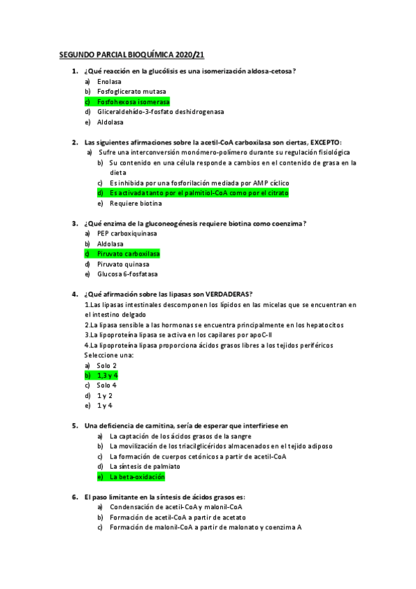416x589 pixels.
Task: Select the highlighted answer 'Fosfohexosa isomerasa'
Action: (133, 101)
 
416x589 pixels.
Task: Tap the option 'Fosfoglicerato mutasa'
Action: (131, 91)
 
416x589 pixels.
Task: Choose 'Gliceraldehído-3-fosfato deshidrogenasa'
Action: (160, 112)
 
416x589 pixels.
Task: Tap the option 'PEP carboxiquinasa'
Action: (127, 233)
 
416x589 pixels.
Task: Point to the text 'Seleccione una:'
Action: (109, 355)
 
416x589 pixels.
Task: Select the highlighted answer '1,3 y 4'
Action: (107, 375)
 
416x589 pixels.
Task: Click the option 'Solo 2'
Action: (106, 365)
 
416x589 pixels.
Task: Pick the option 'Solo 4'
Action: (106, 385)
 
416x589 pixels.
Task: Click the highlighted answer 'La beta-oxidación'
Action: (137, 477)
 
